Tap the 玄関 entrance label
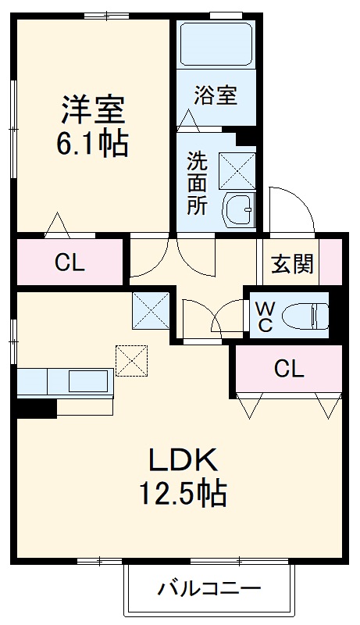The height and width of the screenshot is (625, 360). tap(292, 264)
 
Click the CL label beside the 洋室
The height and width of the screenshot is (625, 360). tap(70, 264)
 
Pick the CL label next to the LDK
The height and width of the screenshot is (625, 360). tap(288, 370)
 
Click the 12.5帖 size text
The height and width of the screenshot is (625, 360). tap(183, 494)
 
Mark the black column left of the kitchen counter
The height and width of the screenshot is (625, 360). tap(36, 407)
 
